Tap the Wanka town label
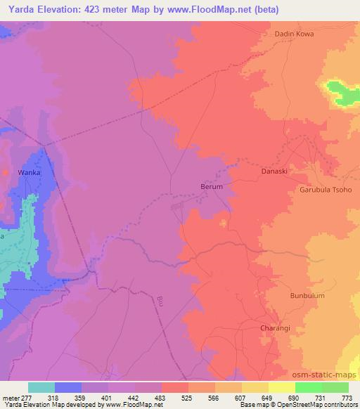[x=30, y=172]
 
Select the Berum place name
[x=211, y=187]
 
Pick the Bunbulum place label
[x=307, y=296]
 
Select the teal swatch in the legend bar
[x=41, y=387]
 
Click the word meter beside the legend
[x=8, y=398]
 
